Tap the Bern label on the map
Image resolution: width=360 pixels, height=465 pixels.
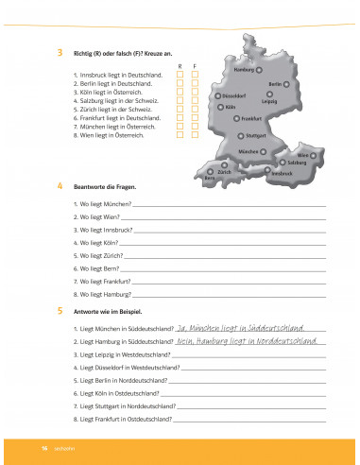coord(211,178)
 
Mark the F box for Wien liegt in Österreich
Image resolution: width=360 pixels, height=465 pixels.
coord(194,135)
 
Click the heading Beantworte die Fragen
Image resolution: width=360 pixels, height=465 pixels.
coord(104,187)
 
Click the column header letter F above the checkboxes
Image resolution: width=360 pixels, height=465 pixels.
coord(194,64)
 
